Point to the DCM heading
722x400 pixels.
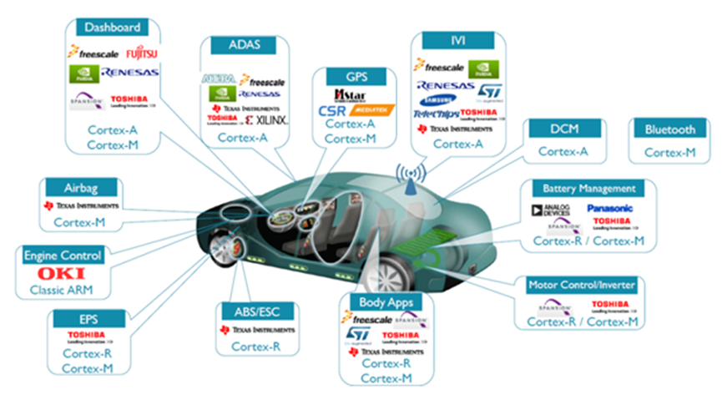563,128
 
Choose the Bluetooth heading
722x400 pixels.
669,129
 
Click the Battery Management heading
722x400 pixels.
588,189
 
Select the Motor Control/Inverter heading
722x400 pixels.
582,285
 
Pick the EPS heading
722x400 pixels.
87,318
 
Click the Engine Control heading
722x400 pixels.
63,255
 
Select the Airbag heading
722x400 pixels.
81,186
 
